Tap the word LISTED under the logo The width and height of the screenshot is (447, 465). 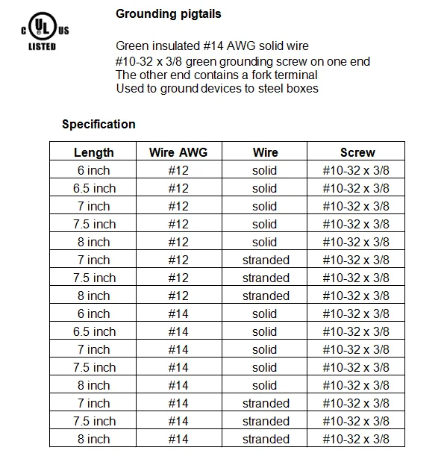[x=42, y=46]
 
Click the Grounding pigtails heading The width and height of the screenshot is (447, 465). [x=169, y=14]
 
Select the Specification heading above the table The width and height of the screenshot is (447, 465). [x=99, y=124]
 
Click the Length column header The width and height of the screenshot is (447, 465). [x=94, y=152]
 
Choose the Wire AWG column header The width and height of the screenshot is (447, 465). [x=178, y=152]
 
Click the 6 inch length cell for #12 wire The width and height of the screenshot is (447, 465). [x=94, y=170]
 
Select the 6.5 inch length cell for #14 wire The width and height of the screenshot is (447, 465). [x=94, y=331]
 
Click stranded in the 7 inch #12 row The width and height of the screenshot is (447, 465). [x=266, y=260]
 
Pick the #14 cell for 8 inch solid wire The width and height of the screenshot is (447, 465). [x=178, y=385]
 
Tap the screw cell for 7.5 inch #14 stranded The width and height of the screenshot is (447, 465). [x=356, y=421]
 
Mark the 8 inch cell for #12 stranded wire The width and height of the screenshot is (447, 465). [x=94, y=296]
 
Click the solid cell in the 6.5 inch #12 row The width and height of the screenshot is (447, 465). [x=264, y=188]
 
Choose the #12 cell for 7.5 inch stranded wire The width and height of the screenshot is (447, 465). [x=178, y=278]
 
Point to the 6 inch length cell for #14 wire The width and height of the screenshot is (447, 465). [x=94, y=313]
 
